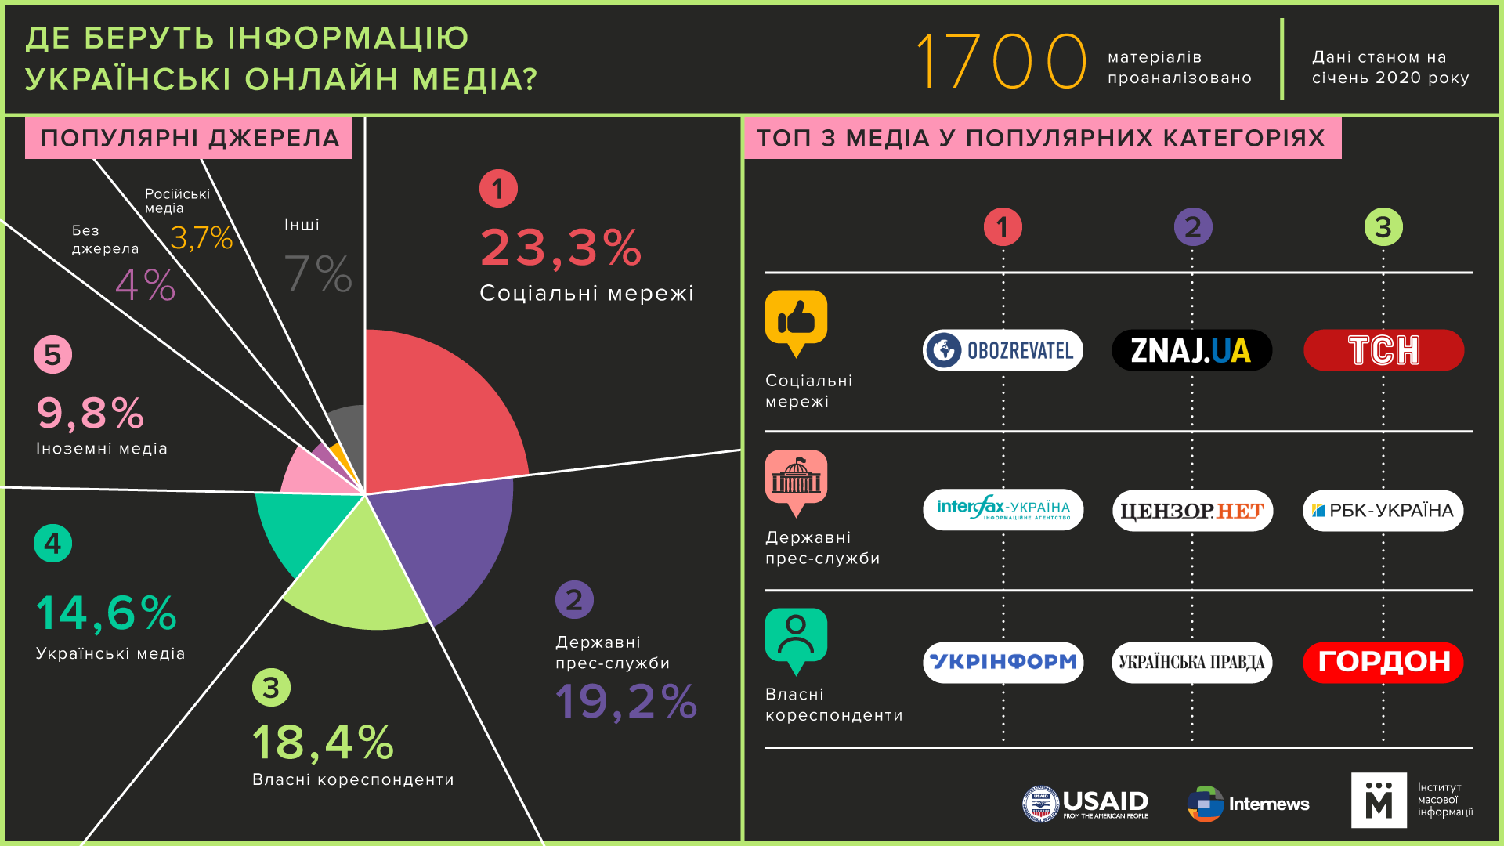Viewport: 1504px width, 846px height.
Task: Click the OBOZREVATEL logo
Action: coord(1003,350)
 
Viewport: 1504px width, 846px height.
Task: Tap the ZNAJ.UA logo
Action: coord(1191,350)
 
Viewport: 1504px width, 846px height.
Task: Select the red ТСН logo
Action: coord(1383,350)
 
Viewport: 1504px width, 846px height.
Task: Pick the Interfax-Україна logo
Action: coord(1003,510)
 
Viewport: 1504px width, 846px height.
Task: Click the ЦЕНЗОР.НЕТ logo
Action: coord(1192,511)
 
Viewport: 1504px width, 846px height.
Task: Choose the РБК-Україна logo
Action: coord(1383,511)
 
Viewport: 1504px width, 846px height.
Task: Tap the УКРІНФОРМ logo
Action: coord(1003,662)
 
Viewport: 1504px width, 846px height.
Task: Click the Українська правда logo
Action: coord(1191,663)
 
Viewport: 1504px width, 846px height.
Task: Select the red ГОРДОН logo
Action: coord(1383,662)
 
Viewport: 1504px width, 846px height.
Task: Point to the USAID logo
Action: coord(1086,804)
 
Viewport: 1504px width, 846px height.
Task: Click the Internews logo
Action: coord(1249,804)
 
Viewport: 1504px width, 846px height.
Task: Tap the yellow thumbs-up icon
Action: coord(796,321)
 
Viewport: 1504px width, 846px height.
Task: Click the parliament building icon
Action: coord(796,480)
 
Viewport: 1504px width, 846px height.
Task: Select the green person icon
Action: coord(796,638)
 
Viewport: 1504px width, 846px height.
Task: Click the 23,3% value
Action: coord(561,248)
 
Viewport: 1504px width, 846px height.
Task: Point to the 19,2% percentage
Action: coord(626,701)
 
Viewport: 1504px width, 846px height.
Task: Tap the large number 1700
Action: coord(1001,60)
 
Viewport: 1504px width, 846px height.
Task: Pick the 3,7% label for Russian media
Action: coord(201,238)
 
